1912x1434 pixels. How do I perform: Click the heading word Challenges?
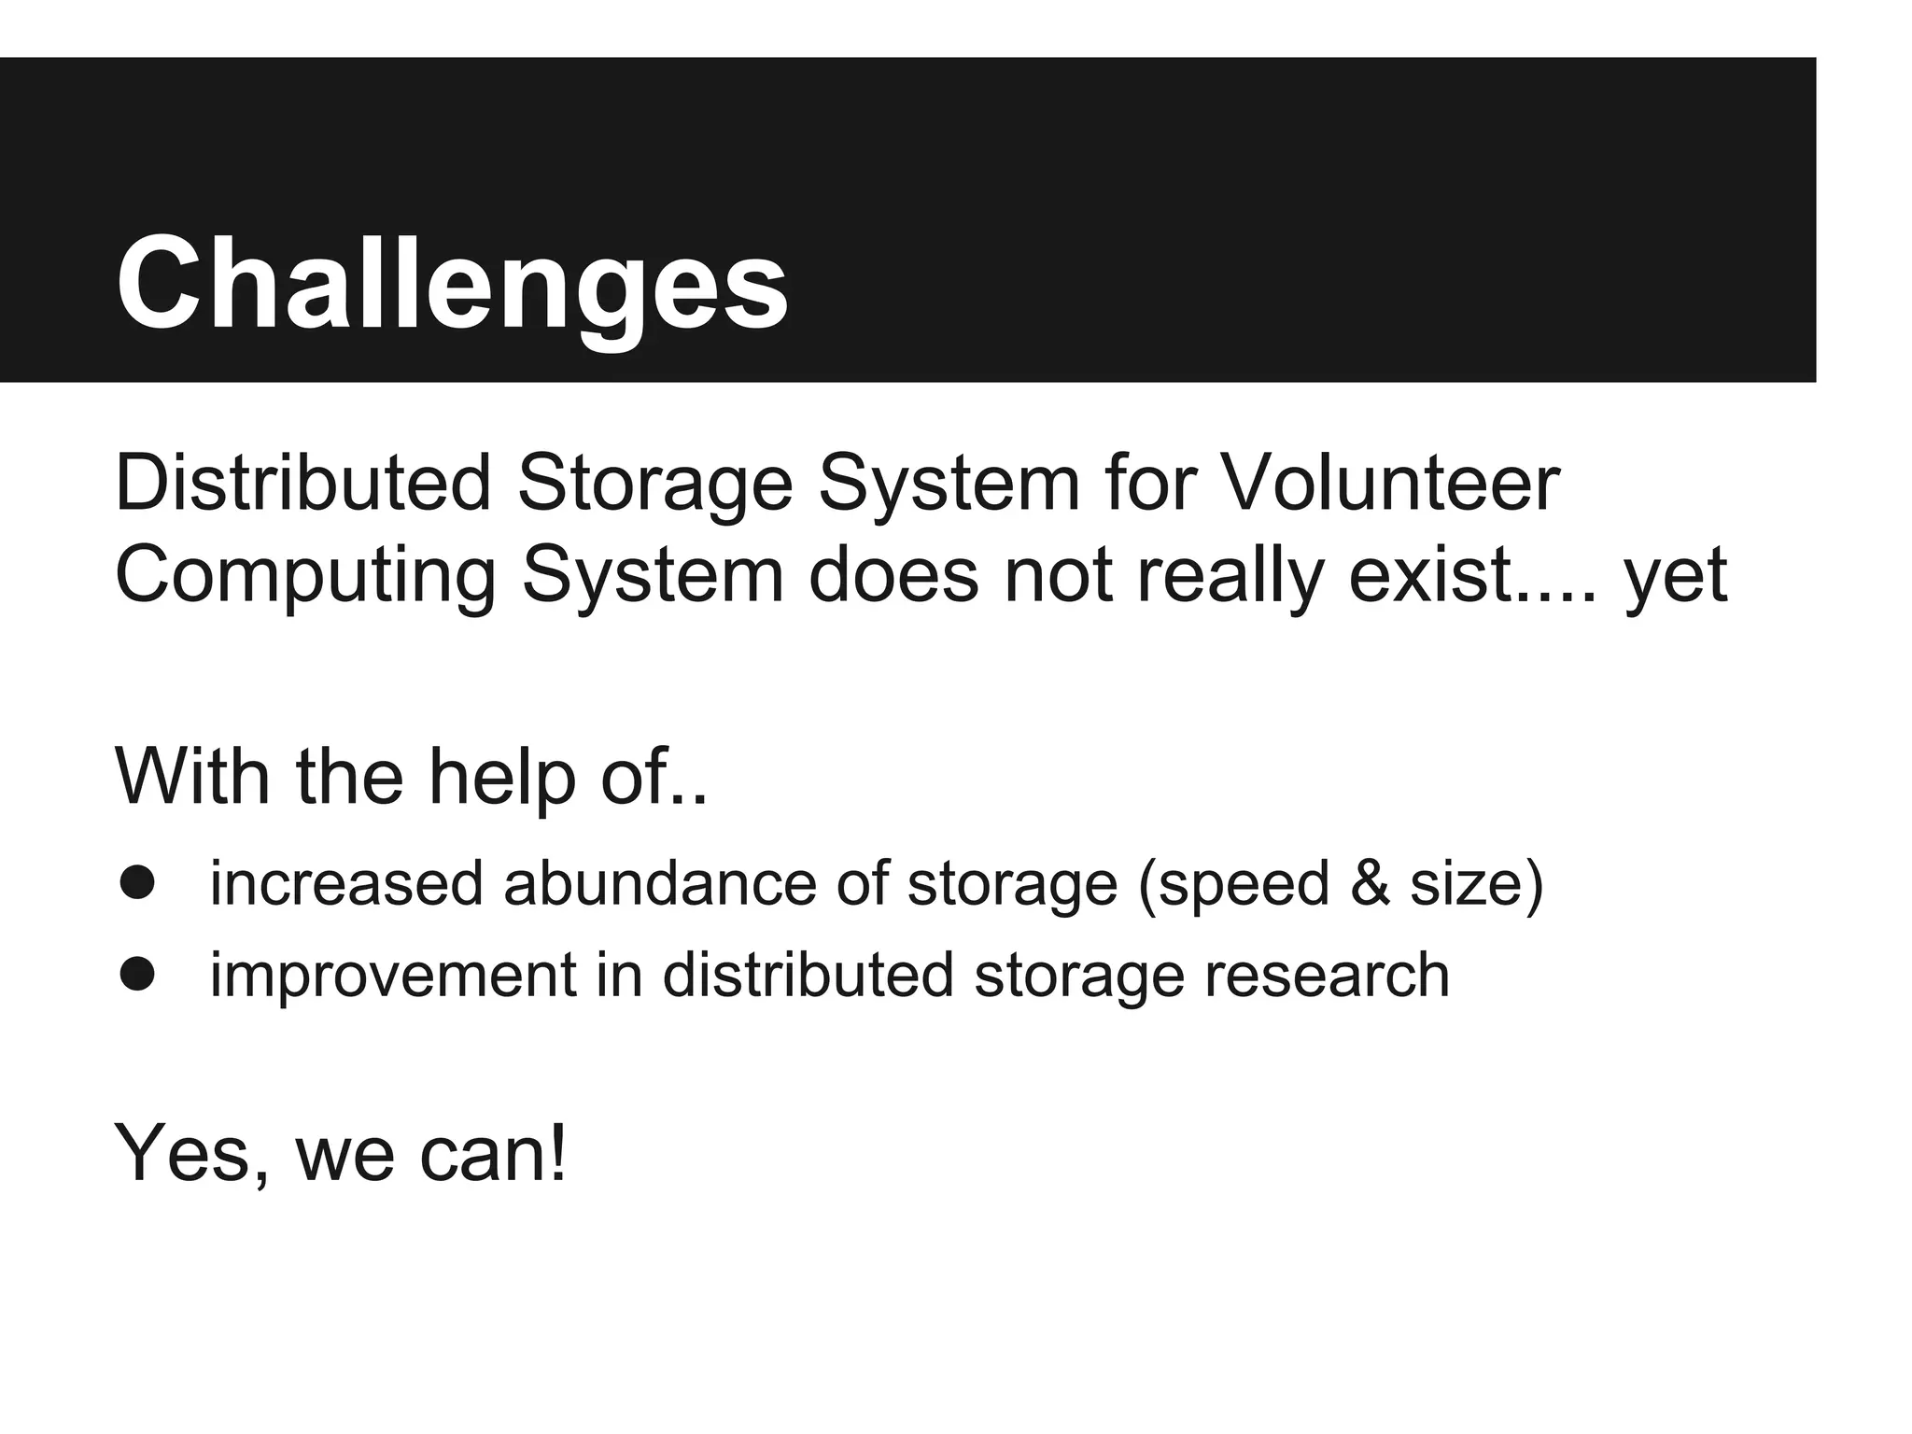point(452,283)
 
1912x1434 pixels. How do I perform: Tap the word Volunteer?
point(1389,484)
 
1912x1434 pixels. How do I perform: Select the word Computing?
point(305,576)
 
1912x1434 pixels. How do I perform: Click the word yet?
point(1676,576)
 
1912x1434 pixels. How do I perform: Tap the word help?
point(502,777)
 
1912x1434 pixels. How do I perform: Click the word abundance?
point(660,882)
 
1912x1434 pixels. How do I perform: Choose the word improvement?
point(393,976)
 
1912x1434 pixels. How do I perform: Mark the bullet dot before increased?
point(137,882)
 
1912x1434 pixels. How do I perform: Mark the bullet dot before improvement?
point(137,974)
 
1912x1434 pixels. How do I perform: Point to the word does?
point(893,575)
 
